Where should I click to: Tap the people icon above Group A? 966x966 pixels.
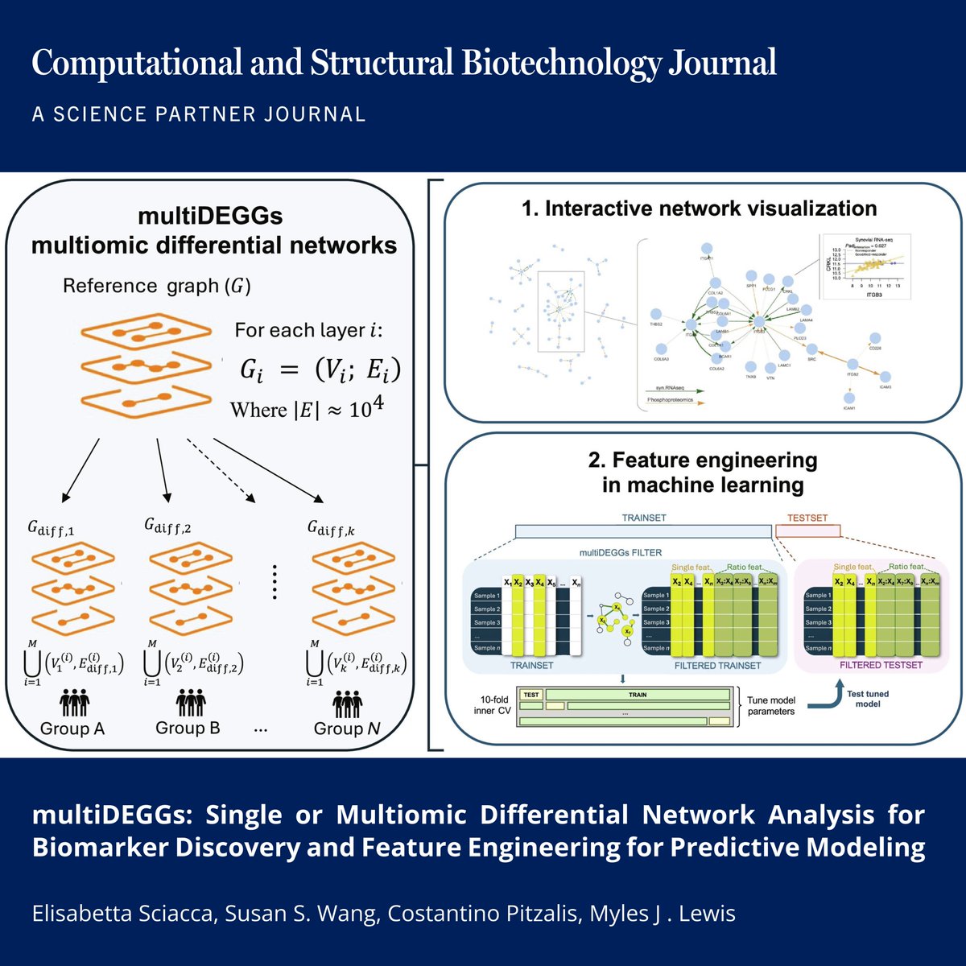(x=73, y=703)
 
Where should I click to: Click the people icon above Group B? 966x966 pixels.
(x=190, y=703)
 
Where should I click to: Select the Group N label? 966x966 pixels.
(x=347, y=729)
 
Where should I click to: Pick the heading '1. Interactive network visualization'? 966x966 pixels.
(x=699, y=208)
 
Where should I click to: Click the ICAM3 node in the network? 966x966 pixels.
(x=885, y=377)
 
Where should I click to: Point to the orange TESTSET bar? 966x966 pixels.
(x=807, y=530)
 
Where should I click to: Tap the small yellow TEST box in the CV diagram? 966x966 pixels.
(x=530, y=694)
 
